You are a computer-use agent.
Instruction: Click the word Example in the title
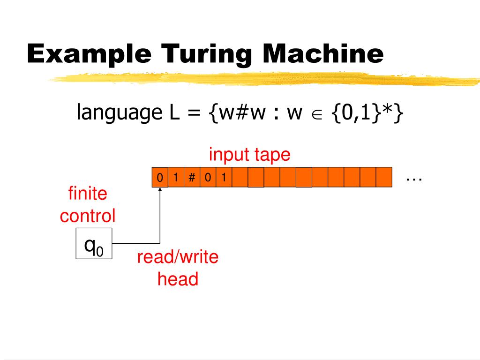[x=90, y=54]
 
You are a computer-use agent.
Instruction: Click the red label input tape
[x=250, y=154]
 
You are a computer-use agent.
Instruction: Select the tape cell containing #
[x=192, y=178]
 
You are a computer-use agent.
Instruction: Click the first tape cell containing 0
[x=159, y=178]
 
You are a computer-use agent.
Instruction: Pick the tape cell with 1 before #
[x=175, y=178]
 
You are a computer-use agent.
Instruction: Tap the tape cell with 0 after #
[x=208, y=178]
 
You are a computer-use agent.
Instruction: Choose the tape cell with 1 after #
[x=224, y=178]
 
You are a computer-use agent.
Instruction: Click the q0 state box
[x=94, y=244]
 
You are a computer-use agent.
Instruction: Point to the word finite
[x=88, y=193]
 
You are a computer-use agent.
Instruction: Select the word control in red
[x=88, y=216]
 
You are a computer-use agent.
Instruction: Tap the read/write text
[x=178, y=257]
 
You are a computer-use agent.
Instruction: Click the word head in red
[x=178, y=279]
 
